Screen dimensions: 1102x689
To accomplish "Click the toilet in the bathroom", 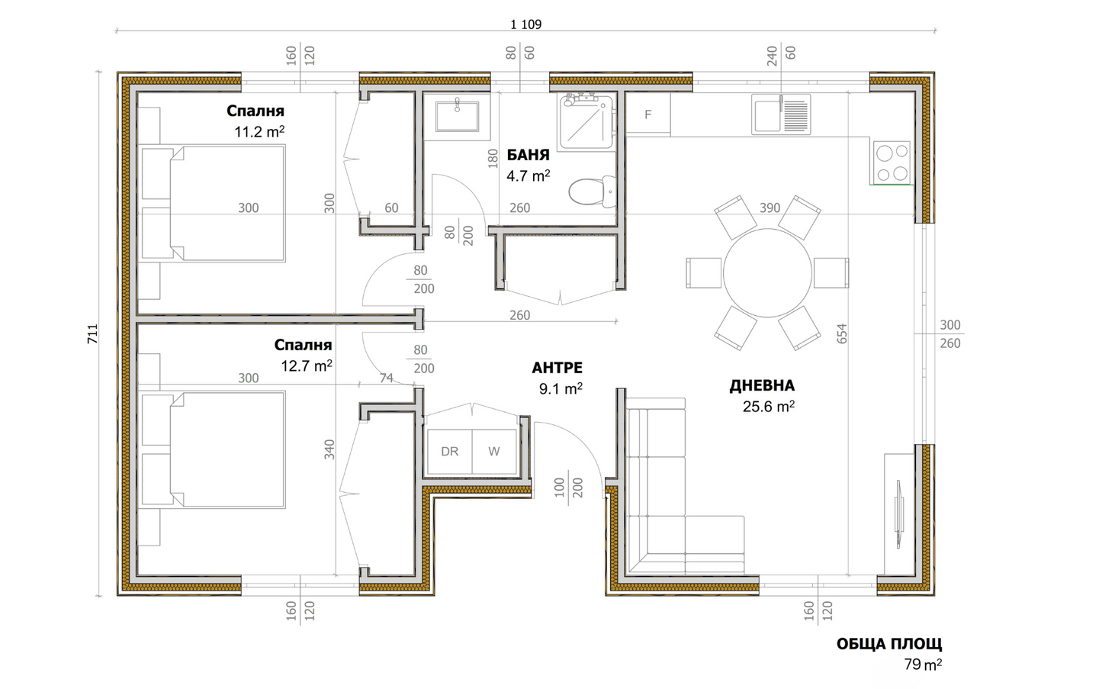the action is pyautogui.click(x=593, y=191).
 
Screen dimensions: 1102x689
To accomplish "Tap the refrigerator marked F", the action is pyautogui.click(x=648, y=113).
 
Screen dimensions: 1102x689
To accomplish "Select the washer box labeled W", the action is pyautogui.click(x=494, y=451).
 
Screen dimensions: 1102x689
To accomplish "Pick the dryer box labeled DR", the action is pyautogui.click(x=450, y=451).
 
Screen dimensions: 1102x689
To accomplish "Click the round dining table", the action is pyautogui.click(x=767, y=272).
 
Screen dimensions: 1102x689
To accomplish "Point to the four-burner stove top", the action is pyautogui.click(x=892, y=162).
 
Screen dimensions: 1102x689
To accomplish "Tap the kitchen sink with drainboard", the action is pyautogui.click(x=781, y=114).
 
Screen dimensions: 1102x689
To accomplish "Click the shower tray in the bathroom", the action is pyautogui.click(x=586, y=121).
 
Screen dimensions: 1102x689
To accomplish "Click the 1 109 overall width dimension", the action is pyautogui.click(x=526, y=24).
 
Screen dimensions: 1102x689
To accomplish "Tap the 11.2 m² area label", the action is pyautogui.click(x=259, y=132).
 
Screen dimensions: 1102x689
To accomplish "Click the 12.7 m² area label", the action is pyautogui.click(x=307, y=365).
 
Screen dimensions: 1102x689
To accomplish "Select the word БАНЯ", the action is pyautogui.click(x=528, y=155).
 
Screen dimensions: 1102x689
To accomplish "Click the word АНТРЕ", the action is pyautogui.click(x=557, y=368).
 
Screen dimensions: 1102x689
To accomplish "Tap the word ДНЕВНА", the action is pyautogui.click(x=762, y=385).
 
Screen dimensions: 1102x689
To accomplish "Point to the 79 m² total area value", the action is pyautogui.click(x=923, y=665).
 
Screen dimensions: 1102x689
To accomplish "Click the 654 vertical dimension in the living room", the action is pyautogui.click(x=842, y=333).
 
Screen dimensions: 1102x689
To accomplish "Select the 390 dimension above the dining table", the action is pyautogui.click(x=770, y=208).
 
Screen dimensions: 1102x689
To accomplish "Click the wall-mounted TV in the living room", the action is pyautogui.click(x=899, y=514).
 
